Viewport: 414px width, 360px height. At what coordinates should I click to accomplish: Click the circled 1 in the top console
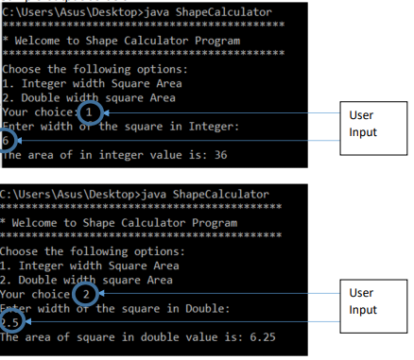click(88, 111)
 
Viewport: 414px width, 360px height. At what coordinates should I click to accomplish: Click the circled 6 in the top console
click(8, 140)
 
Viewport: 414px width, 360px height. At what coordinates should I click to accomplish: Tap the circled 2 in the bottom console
click(85, 295)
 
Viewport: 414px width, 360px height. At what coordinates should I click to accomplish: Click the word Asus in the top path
click(73, 10)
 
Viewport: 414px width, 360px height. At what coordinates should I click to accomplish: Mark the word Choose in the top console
click(24, 69)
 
